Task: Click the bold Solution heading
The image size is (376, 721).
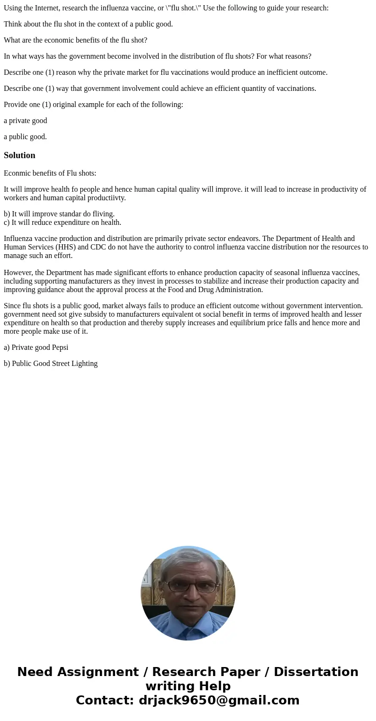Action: [x=19, y=155]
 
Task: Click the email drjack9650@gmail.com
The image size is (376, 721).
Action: [x=219, y=700]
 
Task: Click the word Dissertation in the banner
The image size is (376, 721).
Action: [x=316, y=672]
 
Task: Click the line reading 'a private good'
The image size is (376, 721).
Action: [x=26, y=121]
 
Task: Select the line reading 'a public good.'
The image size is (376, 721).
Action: [x=26, y=137]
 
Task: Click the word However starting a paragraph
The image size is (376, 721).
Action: [x=18, y=273]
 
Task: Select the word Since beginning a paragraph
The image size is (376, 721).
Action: [x=12, y=306]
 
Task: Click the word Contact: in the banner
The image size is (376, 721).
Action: [x=105, y=700]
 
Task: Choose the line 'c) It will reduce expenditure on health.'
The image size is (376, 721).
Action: [x=63, y=223]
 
